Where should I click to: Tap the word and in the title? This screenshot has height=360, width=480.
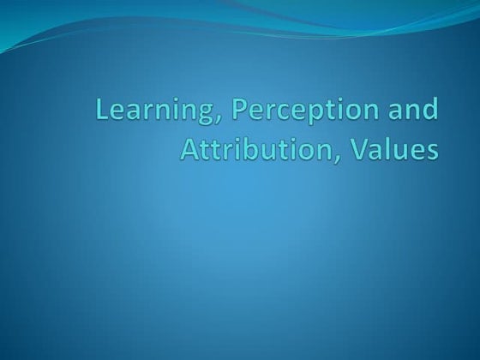tap(414, 111)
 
